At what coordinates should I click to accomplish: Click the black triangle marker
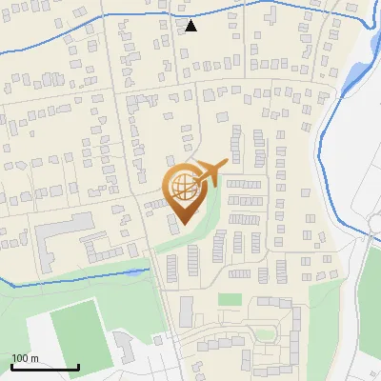(x=191, y=26)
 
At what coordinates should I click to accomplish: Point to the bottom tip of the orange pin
(x=182, y=224)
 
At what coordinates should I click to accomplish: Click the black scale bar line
(x=45, y=367)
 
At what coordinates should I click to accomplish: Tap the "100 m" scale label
(x=26, y=358)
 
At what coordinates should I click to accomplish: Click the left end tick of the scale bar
(x=11, y=365)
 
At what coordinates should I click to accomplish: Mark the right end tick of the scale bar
(x=78, y=365)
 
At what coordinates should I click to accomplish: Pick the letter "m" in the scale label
(x=35, y=358)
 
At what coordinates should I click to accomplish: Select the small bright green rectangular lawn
(x=230, y=299)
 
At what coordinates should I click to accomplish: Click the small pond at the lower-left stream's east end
(x=145, y=271)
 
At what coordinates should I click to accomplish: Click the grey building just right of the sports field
(x=125, y=347)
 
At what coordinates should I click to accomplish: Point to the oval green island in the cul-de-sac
(x=264, y=333)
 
